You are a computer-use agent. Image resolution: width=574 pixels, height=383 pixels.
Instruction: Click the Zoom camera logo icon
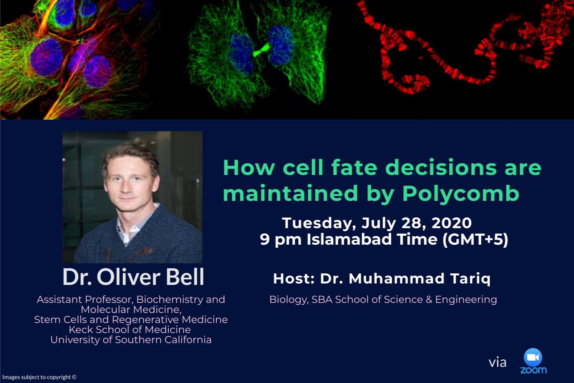pyautogui.click(x=533, y=357)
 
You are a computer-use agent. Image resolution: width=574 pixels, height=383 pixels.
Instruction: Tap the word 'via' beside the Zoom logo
pyautogui.click(x=497, y=363)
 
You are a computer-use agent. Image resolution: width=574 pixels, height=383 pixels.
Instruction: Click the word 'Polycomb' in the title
pyautogui.click(x=461, y=193)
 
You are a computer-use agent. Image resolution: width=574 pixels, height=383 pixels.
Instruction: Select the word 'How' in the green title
pyautogui.click(x=249, y=168)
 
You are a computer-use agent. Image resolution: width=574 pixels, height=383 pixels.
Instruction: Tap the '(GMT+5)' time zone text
pyautogui.click(x=475, y=240)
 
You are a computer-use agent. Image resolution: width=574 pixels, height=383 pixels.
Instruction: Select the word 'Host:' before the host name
pyautogui.click(x=294, y=278)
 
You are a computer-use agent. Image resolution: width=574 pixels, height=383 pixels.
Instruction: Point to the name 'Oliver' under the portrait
pyautogui.click(x=128, y=277)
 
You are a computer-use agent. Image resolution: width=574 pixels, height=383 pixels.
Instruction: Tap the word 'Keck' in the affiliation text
pyautogui.click(x=81, y=329)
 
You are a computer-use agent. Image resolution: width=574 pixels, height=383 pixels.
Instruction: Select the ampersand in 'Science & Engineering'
pyautogui.click(x=429, y=300)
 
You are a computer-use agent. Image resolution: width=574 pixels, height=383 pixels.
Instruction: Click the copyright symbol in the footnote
pyautogui.click(x=74, y=377)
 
